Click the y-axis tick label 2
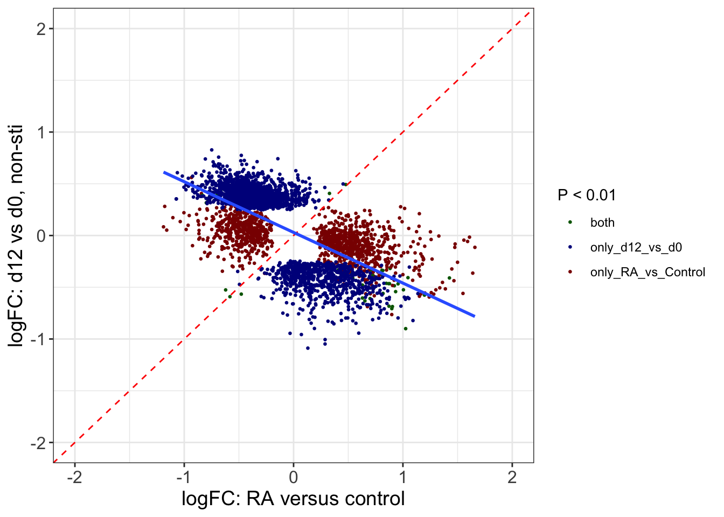[41, 29]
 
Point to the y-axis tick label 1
[41, 132]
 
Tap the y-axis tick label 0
[41, 236]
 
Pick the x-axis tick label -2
[74, 477]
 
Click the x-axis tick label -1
[184, 477]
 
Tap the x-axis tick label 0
[294, 477]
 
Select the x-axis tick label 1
[403, 477]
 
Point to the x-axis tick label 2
[512, 477]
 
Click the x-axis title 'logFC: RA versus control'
[293, 499]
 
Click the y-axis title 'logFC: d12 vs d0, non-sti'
[16, 236]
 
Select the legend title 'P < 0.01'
[587, 195]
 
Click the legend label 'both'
[602, 223]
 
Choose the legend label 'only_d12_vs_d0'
[636, 248]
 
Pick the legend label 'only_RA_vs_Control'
[648, 273]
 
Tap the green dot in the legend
[570, 222]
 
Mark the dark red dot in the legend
[570, 272]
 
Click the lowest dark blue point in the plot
[308, 348]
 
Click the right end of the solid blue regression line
[474, 316]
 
